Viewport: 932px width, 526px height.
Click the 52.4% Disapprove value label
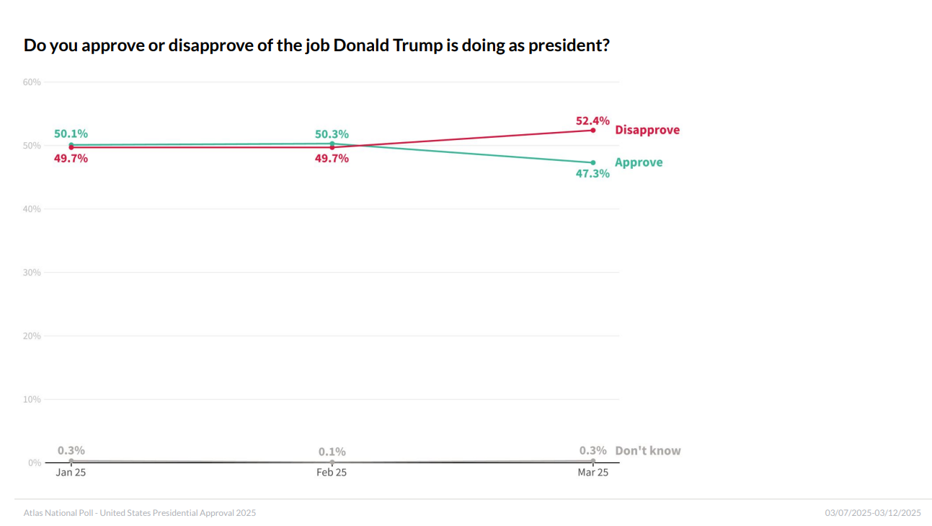click(x=593, y=120)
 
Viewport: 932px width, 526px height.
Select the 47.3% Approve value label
click(x=593, y=173)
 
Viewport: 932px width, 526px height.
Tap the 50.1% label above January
click(x=71, y=133)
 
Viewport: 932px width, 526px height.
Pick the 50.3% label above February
click(x=332, y=134)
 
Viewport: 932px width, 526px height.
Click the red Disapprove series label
click(x=647, y=130)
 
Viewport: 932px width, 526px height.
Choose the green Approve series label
click(x=639, y=162)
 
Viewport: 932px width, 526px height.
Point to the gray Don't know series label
click(x=647, y=450)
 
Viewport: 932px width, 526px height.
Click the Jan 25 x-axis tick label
click(x=71, y=473)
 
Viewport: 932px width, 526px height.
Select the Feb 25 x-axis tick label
click(x=332, y=473)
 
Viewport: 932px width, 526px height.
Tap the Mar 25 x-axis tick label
click(x=593, y=473)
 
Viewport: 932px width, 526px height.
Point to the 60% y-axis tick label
click(x=32, y=82)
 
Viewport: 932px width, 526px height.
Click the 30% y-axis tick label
click(x=32, y=273)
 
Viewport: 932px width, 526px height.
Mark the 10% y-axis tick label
click(x=32, y=400)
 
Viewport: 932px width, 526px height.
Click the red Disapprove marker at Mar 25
click(x=593, y=130)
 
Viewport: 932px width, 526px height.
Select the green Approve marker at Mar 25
click(x=593, y=162)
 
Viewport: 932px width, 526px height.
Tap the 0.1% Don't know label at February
click(x=332, y=452)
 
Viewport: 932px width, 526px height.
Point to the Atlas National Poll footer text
click(x=139, y=513)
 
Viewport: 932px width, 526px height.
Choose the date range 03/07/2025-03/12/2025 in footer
click(x=873, y=513)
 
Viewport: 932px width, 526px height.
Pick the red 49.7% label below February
click(x=332, y=158)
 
